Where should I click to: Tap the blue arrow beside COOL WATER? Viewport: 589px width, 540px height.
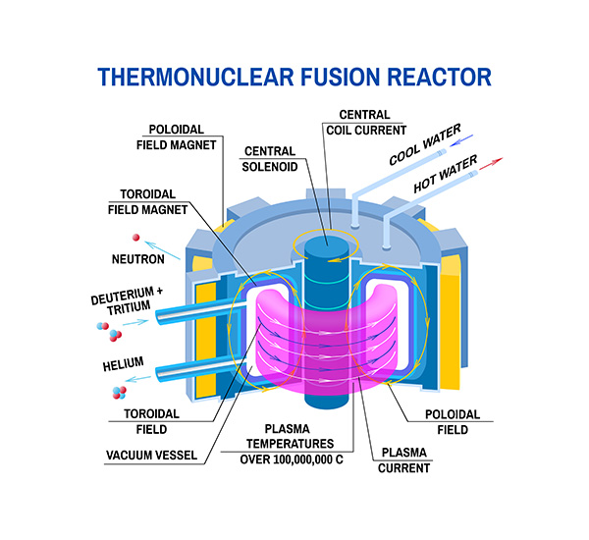pyautogui.click(x=474, y=138)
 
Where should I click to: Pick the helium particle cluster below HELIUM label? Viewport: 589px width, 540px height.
pyautogui.click(x=116, y=393)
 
